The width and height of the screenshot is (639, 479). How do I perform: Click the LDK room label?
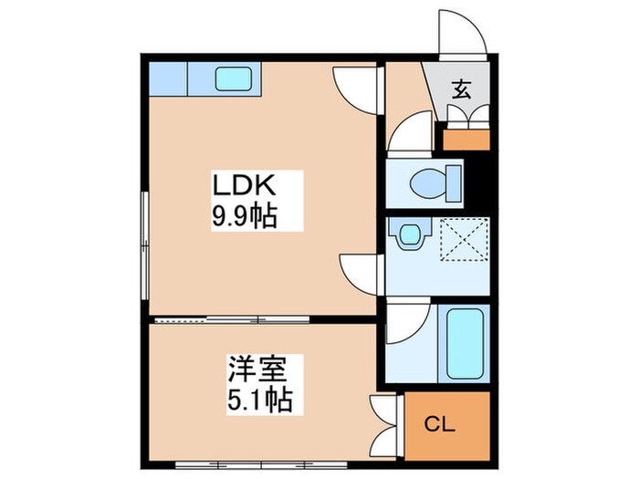pyautogui.click(x=244, y=187)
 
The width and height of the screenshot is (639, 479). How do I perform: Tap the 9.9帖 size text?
pyautogui.click(x=244, y=218)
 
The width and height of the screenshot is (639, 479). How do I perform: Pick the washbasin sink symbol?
pyautogui.click(x=408, y=234)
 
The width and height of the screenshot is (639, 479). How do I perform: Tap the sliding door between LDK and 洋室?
pyautogui.click(x=233, y=319)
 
